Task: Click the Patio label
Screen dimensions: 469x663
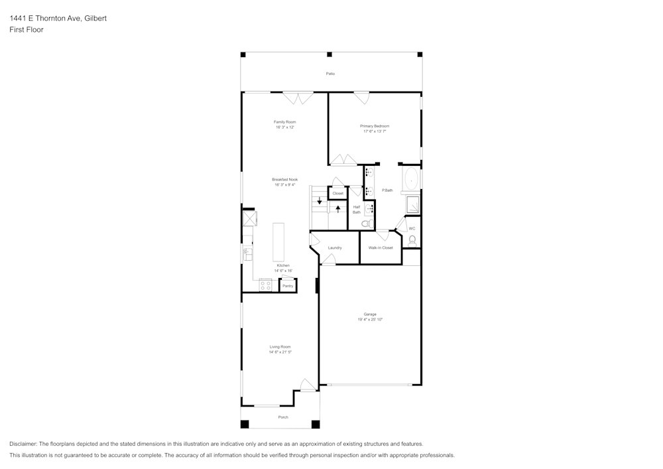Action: coord(330,74)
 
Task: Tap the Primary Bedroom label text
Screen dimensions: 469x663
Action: coord(375,126)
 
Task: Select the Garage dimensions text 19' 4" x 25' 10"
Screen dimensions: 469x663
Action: coord(370,320)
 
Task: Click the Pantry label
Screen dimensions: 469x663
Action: coord(288,286)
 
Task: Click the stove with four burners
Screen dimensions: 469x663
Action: coord(265,285)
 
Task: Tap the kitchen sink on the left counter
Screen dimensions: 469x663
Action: coord(247,254)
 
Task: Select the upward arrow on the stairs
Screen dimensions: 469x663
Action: coord(338,208)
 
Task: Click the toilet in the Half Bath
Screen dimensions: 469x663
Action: coord(365,224)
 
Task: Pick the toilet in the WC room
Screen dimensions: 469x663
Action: coord(412,239)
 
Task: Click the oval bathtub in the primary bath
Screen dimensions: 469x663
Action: coord(412,178)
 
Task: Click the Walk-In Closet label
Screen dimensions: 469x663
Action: coord(381,247)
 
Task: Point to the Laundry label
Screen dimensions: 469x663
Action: coord(335,247)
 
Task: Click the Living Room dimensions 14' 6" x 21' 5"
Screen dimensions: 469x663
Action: coord(280,352)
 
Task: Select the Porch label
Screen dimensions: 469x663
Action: coord(283,417)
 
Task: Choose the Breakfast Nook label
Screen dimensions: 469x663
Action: coord(285,179)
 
